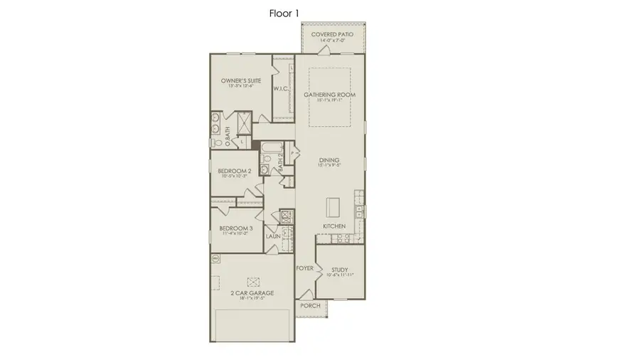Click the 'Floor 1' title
[x=283, y=13]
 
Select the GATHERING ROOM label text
[x=329, y=95]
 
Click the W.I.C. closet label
[x=281, y=90]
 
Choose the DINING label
[x=329, y=160]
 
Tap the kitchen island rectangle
[x=333, y=208]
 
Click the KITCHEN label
[x=334, y=226]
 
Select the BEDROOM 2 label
[x=235, y=171]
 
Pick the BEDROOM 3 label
[x=236, y=228]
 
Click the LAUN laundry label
[x=273, y=235]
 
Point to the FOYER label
[x=304, y=268]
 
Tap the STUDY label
[x=339, y=270]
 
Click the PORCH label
[x=310, y=306]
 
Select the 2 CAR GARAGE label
[x=252, y=292]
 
